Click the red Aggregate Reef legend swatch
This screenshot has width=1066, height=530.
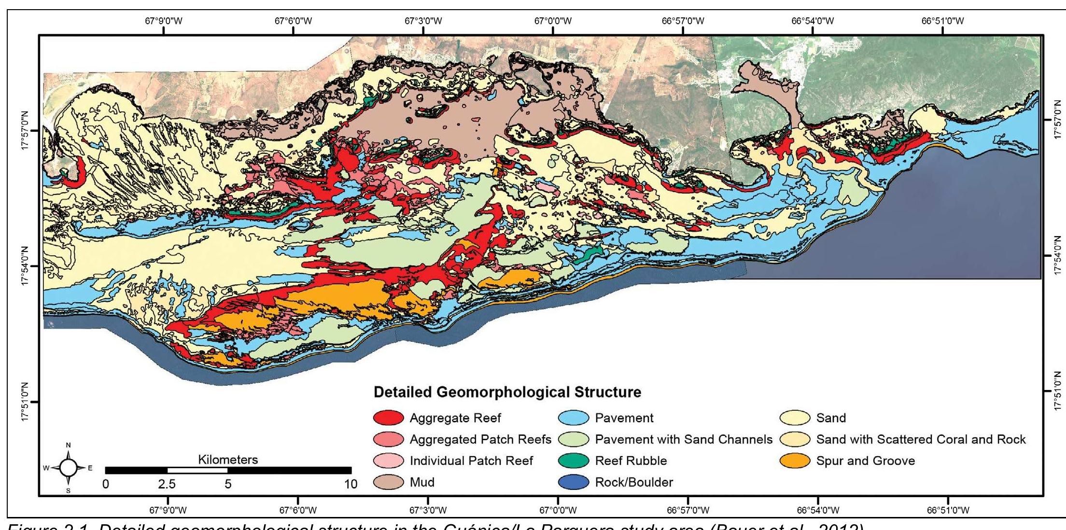tap(389, 418)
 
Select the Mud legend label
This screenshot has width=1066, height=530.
tap(422, 482)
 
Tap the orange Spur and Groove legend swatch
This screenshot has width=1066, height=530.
tap(795, 461)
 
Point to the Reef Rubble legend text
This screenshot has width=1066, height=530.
tap(631, 461)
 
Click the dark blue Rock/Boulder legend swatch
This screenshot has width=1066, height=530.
tap(574, 482)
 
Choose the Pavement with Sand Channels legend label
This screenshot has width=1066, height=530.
tap(684, 440)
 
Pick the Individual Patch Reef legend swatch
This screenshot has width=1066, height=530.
tap(389, 461)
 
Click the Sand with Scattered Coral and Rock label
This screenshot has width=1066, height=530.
tap(921, 440)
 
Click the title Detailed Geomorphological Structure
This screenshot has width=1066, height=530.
tap(507, 392)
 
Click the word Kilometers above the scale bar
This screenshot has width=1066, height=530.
tap(228, 460)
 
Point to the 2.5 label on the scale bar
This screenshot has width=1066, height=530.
tap(167, 484)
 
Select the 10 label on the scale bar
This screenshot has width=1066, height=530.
tap(351, 484)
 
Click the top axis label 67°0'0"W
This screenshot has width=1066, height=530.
tap(553, 21)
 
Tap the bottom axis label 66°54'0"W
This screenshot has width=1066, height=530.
tap(818, 510)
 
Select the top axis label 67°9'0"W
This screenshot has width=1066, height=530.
tap(164, 21)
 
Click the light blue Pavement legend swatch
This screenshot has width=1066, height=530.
tap(574, 418)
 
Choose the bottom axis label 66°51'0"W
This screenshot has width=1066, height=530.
tap(948, 510)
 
